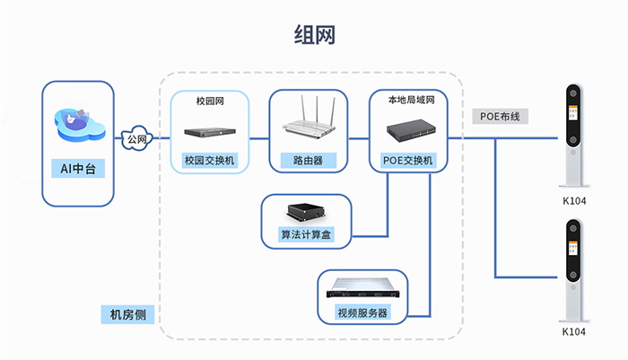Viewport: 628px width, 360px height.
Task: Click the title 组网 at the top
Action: [x=314, y=34]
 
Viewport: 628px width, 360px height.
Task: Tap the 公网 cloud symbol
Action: [x=136, y=139]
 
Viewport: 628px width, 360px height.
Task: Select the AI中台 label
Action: [x=78, y=168]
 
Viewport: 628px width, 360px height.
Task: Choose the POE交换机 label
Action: [x=409, y=161]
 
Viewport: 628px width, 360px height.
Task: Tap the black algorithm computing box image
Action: [x=306, y=214]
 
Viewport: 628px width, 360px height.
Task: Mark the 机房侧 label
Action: [x=127, y=315]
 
